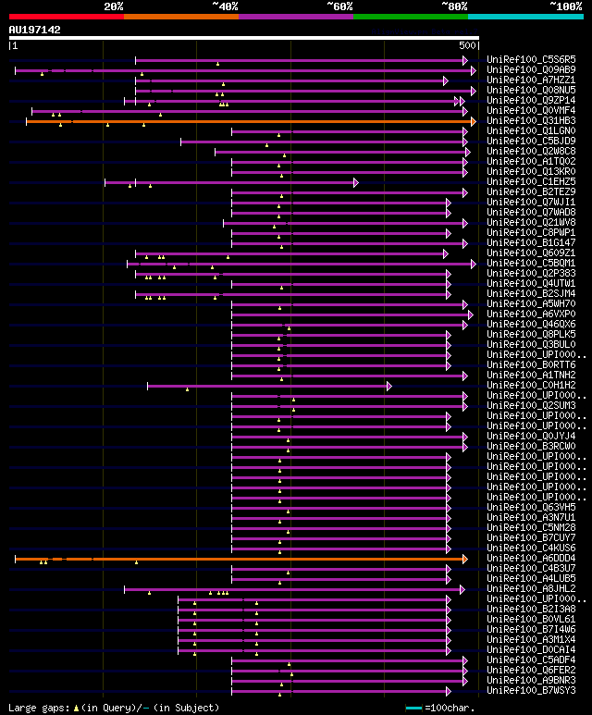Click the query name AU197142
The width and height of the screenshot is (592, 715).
(x=35, y=30)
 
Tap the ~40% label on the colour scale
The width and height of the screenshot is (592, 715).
(x=225, y=6)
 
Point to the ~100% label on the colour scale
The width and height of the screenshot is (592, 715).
(x=566, y=6)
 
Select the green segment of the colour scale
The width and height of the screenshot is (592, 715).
(x=410, y=17)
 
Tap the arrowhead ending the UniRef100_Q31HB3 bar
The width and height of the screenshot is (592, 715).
(x=473, y=121)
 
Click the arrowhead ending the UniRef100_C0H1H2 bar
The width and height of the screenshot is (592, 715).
(x=389, y=386)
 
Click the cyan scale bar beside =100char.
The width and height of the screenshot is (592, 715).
(x=413, y=709)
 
